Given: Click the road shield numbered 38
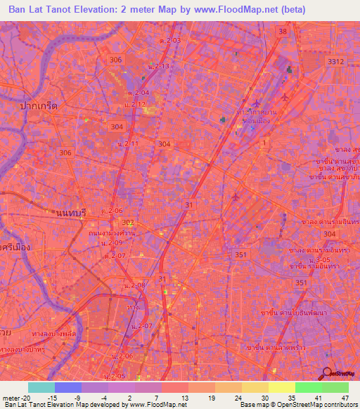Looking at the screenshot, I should (x=282, y=32).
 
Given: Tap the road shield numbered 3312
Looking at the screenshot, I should (x=336, y=63).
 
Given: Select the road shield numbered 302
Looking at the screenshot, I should (x=117, y=223).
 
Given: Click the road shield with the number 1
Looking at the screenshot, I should (x=264, y=143).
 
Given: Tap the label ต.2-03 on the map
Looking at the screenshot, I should (x=170, y=41).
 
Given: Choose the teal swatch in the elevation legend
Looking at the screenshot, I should (x=41, y=387).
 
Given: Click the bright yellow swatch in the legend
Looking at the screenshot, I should (x=281, y=387).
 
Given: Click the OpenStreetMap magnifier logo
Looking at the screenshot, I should (x=327, y=373).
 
